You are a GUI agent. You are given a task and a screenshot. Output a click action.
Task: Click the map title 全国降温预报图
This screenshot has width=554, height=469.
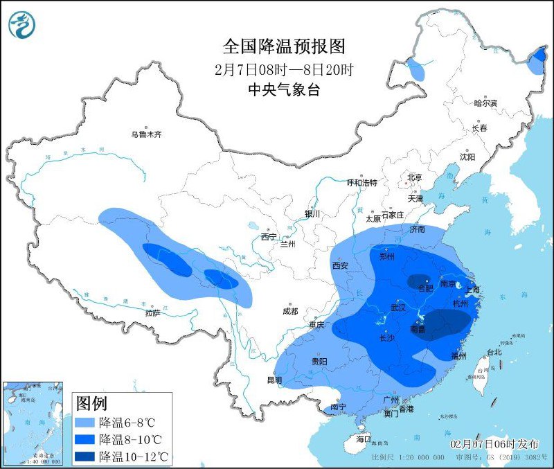coord(284,46)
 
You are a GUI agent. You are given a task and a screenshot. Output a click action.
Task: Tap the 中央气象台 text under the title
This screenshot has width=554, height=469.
coord(284,89)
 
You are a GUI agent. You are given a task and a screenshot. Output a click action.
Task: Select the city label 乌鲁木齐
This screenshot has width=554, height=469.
coord(147,134)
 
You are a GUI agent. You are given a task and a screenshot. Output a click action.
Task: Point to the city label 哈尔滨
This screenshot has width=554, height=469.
coord(485,103)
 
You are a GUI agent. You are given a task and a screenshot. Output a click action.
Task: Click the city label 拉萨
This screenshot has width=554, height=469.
coord(153,312)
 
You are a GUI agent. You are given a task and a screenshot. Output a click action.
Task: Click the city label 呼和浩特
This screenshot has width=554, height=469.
coord(361,183)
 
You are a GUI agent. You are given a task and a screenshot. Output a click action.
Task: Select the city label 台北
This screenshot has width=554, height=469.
coord(494,352)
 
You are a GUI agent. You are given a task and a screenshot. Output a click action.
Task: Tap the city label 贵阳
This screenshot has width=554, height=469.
coord(319,361)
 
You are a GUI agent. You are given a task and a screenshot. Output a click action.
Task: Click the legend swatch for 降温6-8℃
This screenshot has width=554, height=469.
coord(85,423)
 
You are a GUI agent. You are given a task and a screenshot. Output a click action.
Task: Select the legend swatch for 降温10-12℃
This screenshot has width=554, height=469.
coord(85,456)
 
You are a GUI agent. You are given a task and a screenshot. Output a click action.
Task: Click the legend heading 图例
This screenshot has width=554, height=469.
coord(91,403)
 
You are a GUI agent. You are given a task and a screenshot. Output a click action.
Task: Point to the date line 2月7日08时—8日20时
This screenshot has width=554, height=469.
coord(284,69)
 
